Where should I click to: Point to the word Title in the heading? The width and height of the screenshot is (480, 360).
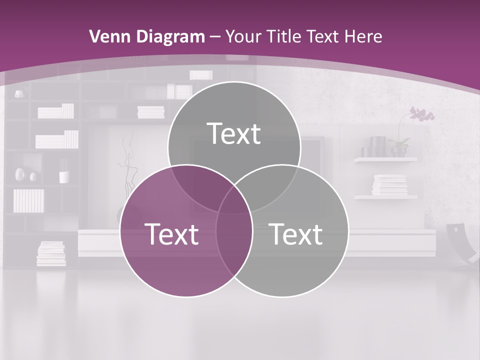point(284,36)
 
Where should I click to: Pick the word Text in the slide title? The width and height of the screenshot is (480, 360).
point(325,36)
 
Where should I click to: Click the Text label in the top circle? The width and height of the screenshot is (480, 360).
point(234,133)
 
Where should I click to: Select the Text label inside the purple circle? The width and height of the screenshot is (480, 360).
point(171,234)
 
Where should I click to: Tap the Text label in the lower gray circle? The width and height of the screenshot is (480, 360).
point(295,234)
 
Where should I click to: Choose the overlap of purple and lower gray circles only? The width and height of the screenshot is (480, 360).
point(234,245)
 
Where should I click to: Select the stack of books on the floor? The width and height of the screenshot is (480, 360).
point(51,253)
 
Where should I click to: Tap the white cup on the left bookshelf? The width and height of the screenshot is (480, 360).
point(64,177)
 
